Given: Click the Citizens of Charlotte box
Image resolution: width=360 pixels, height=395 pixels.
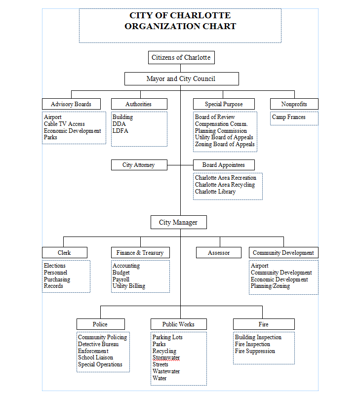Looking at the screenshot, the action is click(181, 57).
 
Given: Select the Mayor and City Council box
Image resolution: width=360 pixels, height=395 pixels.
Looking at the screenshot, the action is click(181, 79).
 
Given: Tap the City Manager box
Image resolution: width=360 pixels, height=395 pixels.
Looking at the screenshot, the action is click(179, 222).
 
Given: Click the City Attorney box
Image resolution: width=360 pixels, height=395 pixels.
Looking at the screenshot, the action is click(139, 165).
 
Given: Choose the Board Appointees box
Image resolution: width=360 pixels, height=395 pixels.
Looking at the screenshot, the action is click(224, 165).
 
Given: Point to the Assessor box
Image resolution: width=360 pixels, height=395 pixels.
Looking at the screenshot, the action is click(219, 253).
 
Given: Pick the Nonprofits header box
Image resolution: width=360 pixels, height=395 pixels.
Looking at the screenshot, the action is click(294, 104).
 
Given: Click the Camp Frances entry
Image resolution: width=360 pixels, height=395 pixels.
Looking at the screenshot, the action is click(289, 117).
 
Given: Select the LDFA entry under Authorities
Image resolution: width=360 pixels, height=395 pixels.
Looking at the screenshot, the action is click(120, 131).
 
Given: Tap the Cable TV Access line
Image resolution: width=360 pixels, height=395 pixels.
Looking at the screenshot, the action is click(64, 124).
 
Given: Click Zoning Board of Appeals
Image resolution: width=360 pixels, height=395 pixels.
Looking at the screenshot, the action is click(225, 144).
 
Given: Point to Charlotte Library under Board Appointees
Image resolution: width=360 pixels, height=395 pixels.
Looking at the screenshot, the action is click(215, 192).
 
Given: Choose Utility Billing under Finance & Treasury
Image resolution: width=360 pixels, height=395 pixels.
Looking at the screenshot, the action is click(129, 286).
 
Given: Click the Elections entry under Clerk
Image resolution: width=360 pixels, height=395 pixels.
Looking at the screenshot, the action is click(55, 266).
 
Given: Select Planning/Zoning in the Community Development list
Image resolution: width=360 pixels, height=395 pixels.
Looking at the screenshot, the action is click(270, 286).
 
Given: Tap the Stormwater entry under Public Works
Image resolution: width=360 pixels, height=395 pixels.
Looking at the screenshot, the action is click(166, 357).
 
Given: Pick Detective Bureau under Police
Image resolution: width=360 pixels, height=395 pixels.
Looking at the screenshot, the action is click(98, 344).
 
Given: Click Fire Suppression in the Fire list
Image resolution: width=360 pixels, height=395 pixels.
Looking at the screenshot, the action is click(255, 351).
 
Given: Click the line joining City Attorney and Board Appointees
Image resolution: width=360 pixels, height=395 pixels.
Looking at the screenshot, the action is click(180, 165).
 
